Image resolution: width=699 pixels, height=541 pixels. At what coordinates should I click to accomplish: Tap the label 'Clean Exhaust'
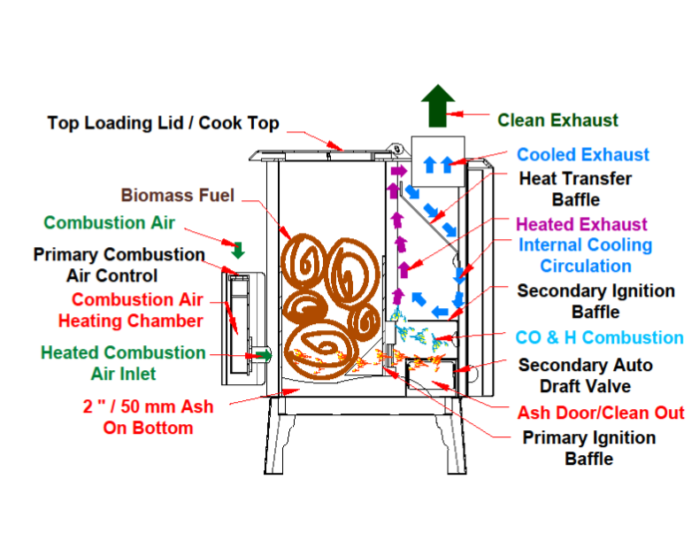[x=557, y=120]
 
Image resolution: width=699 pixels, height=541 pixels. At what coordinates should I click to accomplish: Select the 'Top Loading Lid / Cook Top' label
[x=163, y=123]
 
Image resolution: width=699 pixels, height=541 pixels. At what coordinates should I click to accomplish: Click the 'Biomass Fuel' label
[x=178, y=195]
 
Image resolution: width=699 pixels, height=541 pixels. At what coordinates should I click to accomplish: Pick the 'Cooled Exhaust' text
[x=583, y=155]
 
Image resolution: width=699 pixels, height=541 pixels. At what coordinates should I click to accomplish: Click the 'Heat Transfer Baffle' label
[x=575, y=189]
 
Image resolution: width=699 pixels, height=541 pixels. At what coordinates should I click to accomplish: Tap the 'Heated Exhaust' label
[x=581, y=224]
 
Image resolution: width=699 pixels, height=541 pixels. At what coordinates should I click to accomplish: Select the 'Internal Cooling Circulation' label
[x=585, y=255]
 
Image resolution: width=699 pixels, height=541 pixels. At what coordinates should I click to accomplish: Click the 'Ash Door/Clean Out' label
[x=600, y=413]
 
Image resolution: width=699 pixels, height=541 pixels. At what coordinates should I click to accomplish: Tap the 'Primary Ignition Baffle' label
[x=588, y=448]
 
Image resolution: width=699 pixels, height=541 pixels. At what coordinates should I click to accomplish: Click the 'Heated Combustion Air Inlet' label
[x=123, y=363]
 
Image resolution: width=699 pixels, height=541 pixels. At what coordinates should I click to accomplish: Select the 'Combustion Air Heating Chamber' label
[x=131, y=310]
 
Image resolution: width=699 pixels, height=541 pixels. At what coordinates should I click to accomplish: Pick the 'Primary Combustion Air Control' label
[x=119, y=265]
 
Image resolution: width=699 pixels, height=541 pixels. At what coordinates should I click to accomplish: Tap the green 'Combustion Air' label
[x=110, y=222]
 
